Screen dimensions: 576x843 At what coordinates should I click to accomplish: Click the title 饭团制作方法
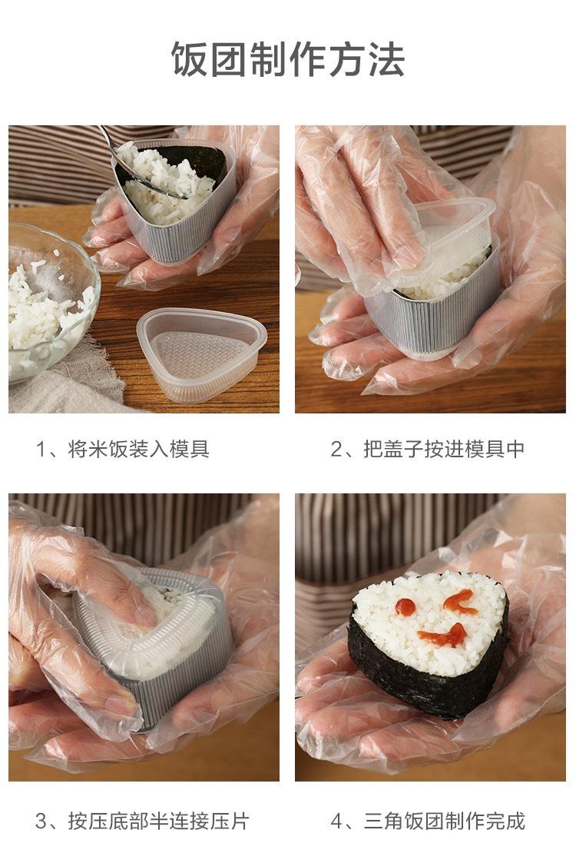(287, 59)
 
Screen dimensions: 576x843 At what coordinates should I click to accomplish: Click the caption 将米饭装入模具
(139, 449)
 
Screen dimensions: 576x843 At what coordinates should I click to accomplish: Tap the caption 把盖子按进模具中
(444, 449)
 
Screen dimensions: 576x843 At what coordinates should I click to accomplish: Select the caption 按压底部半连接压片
(159, 821)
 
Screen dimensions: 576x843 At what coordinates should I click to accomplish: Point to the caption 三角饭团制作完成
(444, 821)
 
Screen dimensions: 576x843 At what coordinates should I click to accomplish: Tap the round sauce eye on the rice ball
(406, 607)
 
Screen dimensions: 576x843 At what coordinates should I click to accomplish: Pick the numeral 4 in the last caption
(336, 821)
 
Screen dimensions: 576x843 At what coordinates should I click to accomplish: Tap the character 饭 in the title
(189, 59)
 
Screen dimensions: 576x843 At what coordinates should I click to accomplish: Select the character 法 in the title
(386, 59)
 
